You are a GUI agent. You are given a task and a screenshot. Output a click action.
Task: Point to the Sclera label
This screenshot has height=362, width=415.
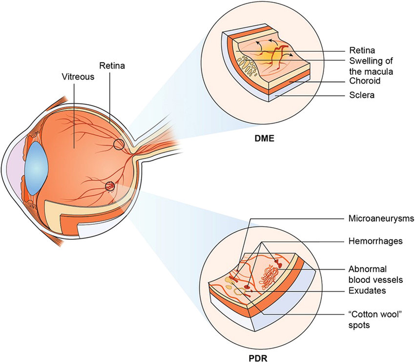[362, 95]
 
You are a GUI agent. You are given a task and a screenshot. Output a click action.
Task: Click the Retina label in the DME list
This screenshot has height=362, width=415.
[362, 50]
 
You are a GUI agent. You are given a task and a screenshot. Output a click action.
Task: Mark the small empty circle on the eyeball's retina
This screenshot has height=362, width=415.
[118, 145]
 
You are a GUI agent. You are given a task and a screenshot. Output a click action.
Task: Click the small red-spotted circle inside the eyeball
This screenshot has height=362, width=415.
[110, 186]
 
